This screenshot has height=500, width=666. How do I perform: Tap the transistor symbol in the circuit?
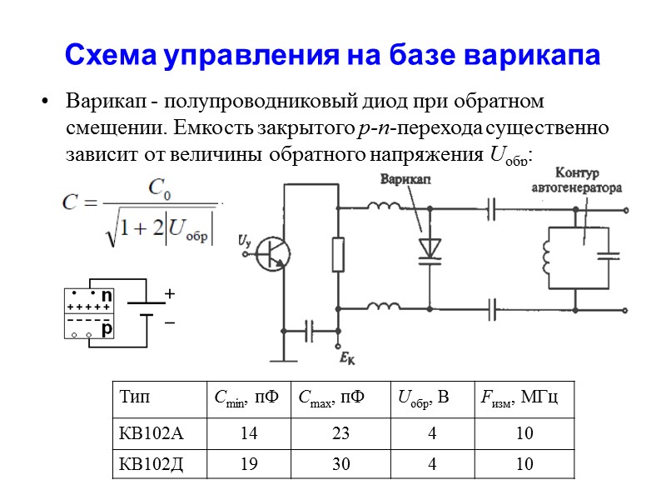pyautogui.click(x=271, y=252)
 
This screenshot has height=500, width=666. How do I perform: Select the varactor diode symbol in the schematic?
pyautogui.click(x=430, y=248)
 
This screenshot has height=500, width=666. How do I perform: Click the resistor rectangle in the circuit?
pyautogui.click(x=337, y=254)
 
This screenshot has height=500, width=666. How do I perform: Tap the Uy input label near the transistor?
pyautogui.click(x=244, y=241)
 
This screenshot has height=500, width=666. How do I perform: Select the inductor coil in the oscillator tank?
pyautogui.click(x=547, y=254)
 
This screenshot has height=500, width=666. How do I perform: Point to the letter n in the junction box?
pyautogui.click(x=106, y=296)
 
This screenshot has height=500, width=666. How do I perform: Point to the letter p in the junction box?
pyautogui.click(x=106, y=330)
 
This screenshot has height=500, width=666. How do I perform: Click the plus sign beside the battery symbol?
pyautogui.click(x=170, y=294)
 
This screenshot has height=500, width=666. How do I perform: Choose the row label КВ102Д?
pyautogui.click(x=151, y=464)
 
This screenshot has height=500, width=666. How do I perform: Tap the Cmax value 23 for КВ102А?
pyautogui.click(x=341, y=434)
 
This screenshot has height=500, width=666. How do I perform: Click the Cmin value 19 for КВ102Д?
pyautogui.click(x=248, y=464)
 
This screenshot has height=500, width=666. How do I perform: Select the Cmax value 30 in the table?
pyautogui.click(x=341, y=464)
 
